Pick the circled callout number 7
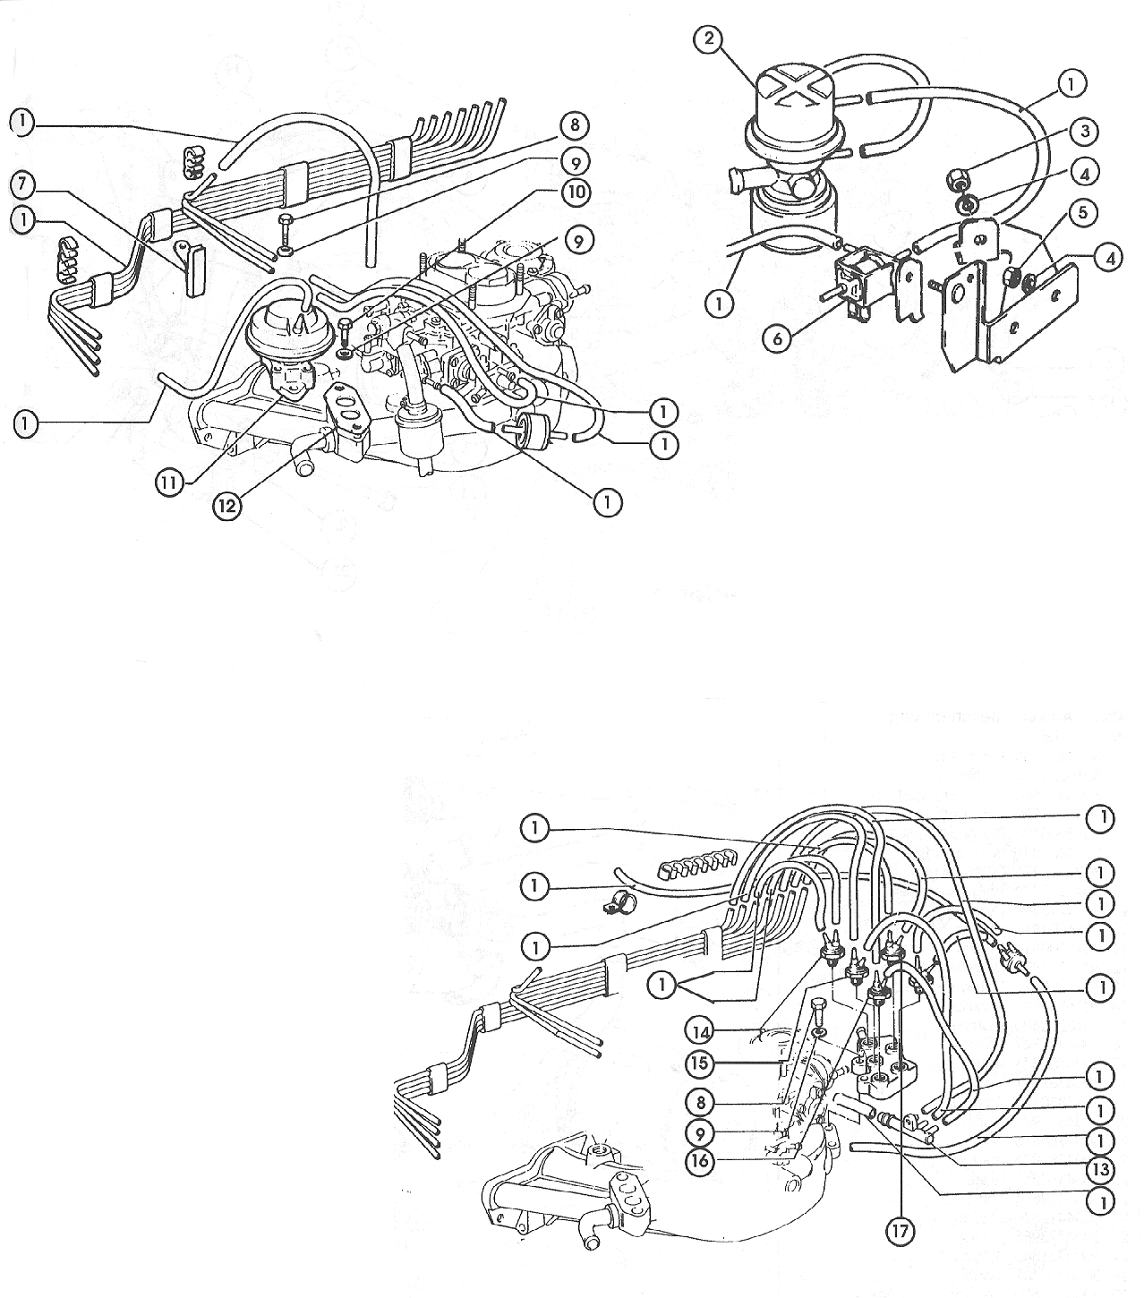tap(24, 184)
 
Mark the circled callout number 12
tap(228, 505)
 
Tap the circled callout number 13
tap(1100, 1169)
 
